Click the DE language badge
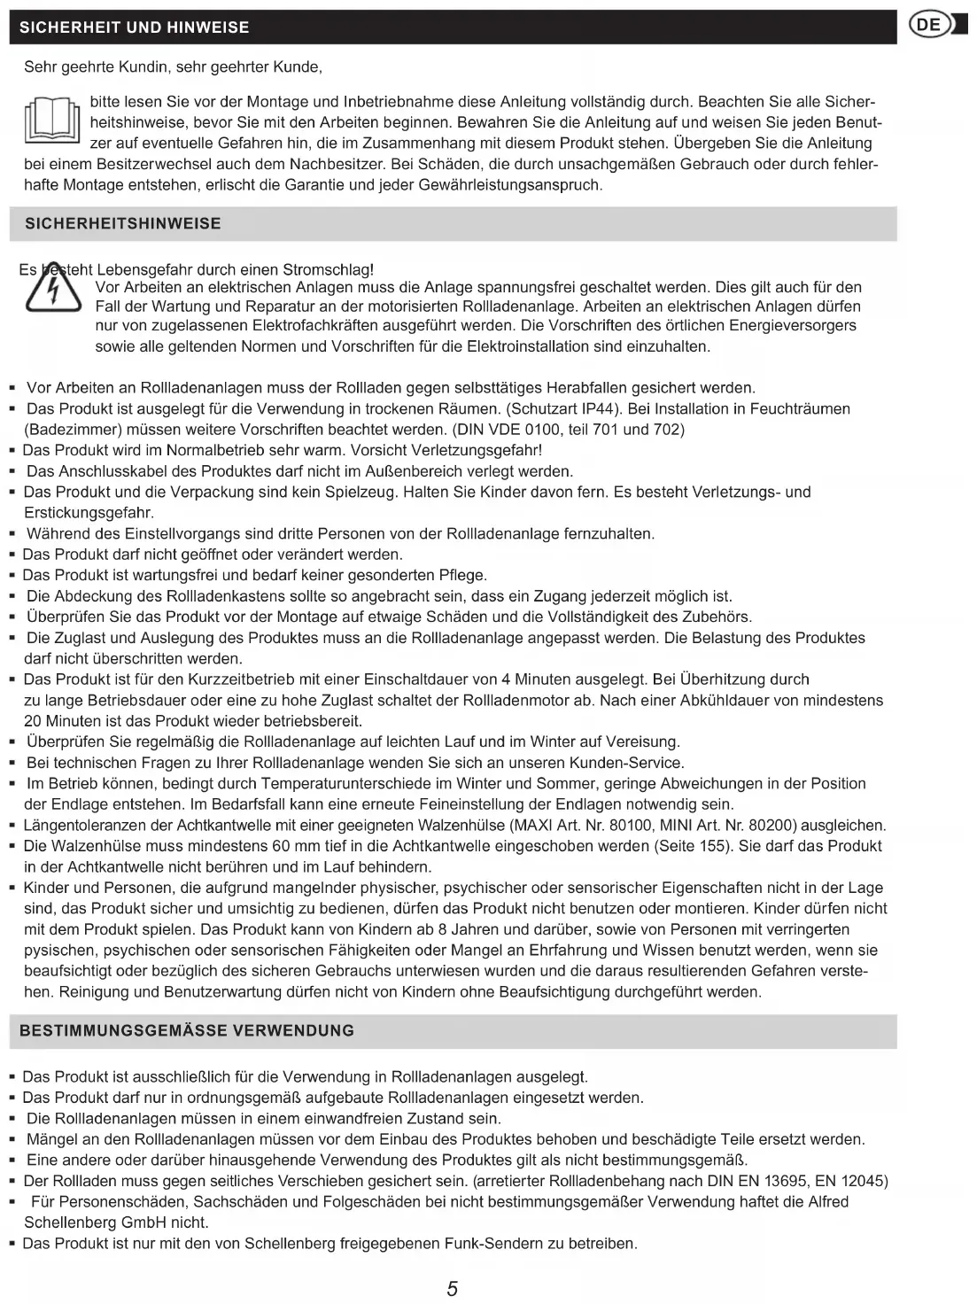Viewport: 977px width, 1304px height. coord(931,25)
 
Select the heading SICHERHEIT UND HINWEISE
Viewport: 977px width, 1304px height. coord(135,27)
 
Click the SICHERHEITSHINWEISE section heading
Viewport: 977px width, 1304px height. coord(123,223)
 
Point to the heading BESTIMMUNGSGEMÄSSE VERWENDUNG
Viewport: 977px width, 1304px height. coord(187,1030)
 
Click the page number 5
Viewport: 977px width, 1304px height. coord(453,1289)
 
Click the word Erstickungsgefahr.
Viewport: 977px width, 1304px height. coord(89,513)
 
